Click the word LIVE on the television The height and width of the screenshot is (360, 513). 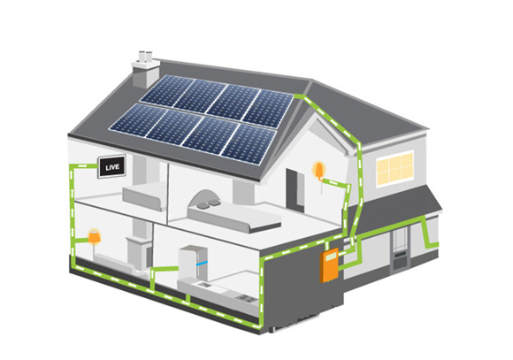click(x=112, y=167)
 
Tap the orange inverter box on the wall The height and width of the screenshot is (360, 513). click(x=329, y=264)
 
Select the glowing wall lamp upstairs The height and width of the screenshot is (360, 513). click(x=318, y=170)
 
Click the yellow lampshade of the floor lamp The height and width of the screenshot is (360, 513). click(x=95, y=237)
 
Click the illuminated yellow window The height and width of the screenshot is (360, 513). click(x=394, y=168)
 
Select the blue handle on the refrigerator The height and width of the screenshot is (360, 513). click(x=202, y=263)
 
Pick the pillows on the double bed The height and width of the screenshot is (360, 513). click(x=210, y=203)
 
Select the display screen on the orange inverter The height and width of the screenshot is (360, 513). click(x=331, y=255)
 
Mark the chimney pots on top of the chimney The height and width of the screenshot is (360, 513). click(x=145, y=57)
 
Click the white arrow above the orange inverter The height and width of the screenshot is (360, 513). click(x=326, y=246)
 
